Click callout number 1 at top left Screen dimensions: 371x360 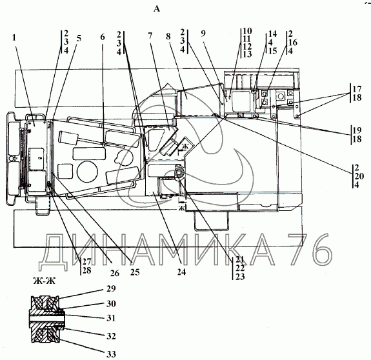[14, 37]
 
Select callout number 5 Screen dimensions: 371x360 [79, 38]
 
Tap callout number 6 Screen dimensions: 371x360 [102, 37]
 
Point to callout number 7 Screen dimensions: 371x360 [150, 35]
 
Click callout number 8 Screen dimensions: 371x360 [168, 36]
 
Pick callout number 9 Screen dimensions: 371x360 [203, 34]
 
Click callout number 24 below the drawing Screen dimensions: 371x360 [181, 272]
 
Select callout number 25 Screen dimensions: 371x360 [135, 272]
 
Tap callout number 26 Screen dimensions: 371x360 [115, 273]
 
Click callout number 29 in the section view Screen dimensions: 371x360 [111, 288]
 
